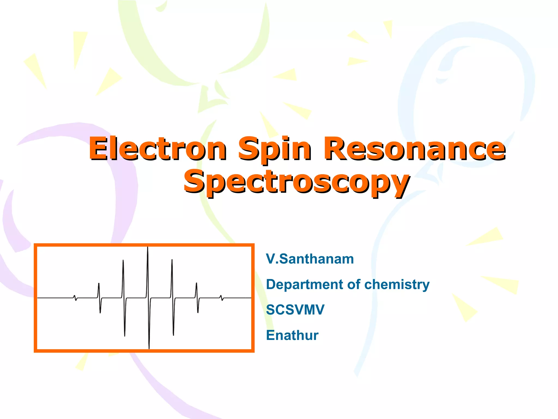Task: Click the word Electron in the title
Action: [x=157, y=149]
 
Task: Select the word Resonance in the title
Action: [x=414, y=149]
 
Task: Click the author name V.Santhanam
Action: [x=310, y=259]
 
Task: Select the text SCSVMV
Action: [x=295, y=310]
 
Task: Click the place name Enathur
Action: [x=292, y=335]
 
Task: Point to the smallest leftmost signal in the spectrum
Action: [x=75, y=298]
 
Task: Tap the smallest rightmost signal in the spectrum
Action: [x=222, y=298]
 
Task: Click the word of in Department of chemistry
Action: [x=354, y=285]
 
